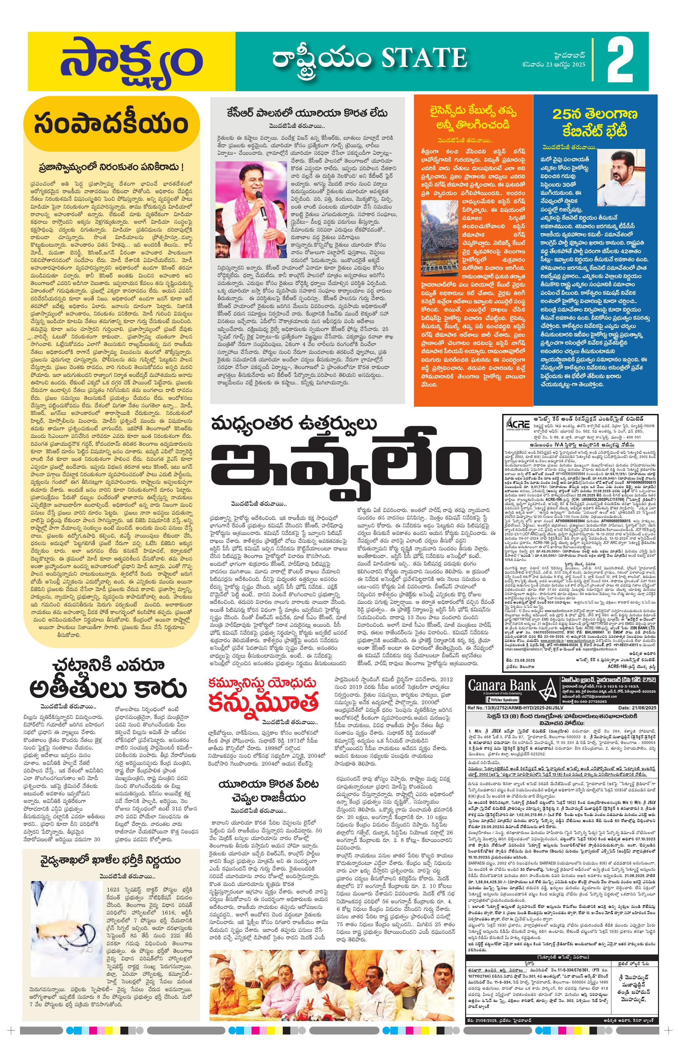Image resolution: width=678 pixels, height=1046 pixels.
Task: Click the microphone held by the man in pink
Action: click(x=261, y=202)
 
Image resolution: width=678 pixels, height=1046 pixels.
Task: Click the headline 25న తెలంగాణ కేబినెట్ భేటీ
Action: click(x=595, y=123)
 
